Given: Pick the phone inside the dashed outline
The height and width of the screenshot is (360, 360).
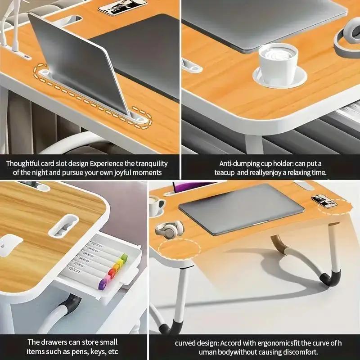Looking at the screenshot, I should tap(324, 201).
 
